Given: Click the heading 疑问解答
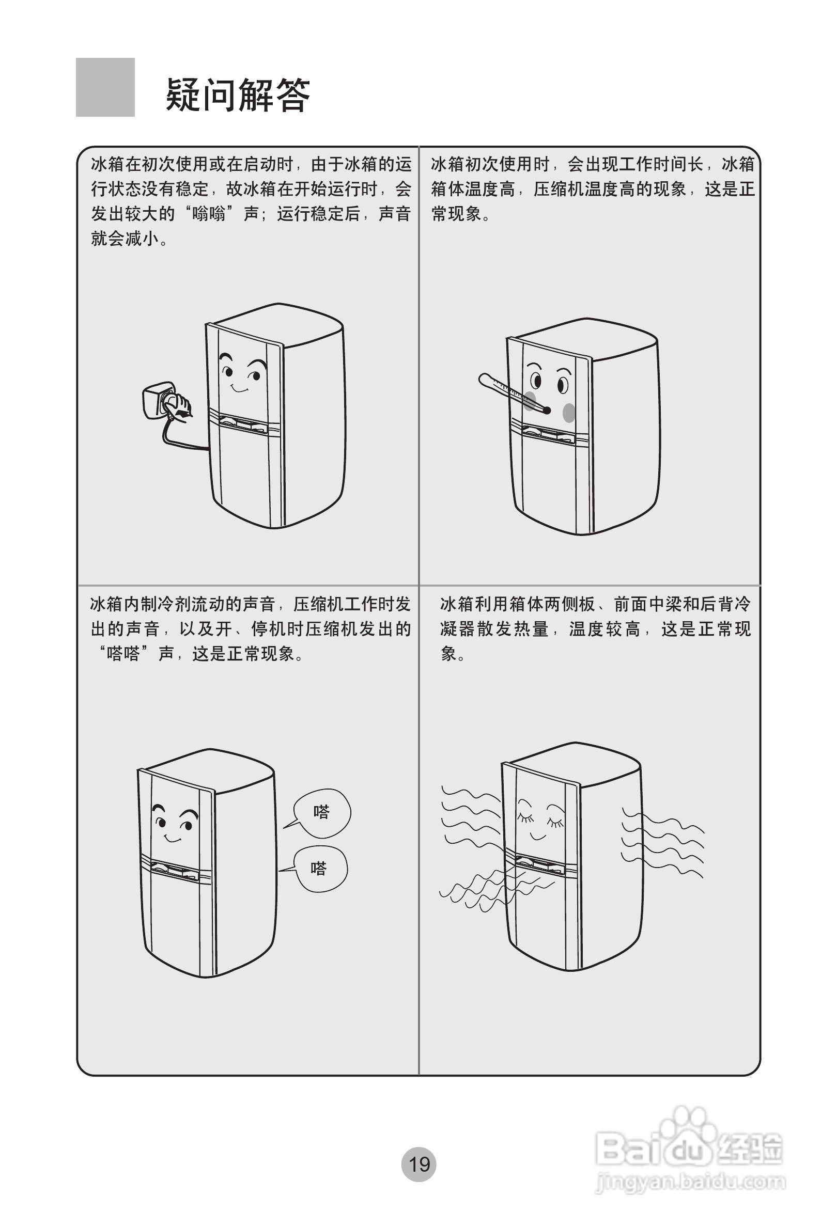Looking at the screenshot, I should click(x=238, y=95).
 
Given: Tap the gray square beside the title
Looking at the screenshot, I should click(x=105, y=87).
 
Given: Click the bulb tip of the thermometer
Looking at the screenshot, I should click(x=547, y=410).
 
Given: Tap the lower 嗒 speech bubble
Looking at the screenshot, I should click(x=320, y=870).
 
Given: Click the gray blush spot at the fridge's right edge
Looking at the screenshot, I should click(x=568, y=413).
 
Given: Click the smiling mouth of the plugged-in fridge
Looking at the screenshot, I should click(x=240, y=390).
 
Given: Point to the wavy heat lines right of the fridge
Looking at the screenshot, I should click(x=664, y=841).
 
